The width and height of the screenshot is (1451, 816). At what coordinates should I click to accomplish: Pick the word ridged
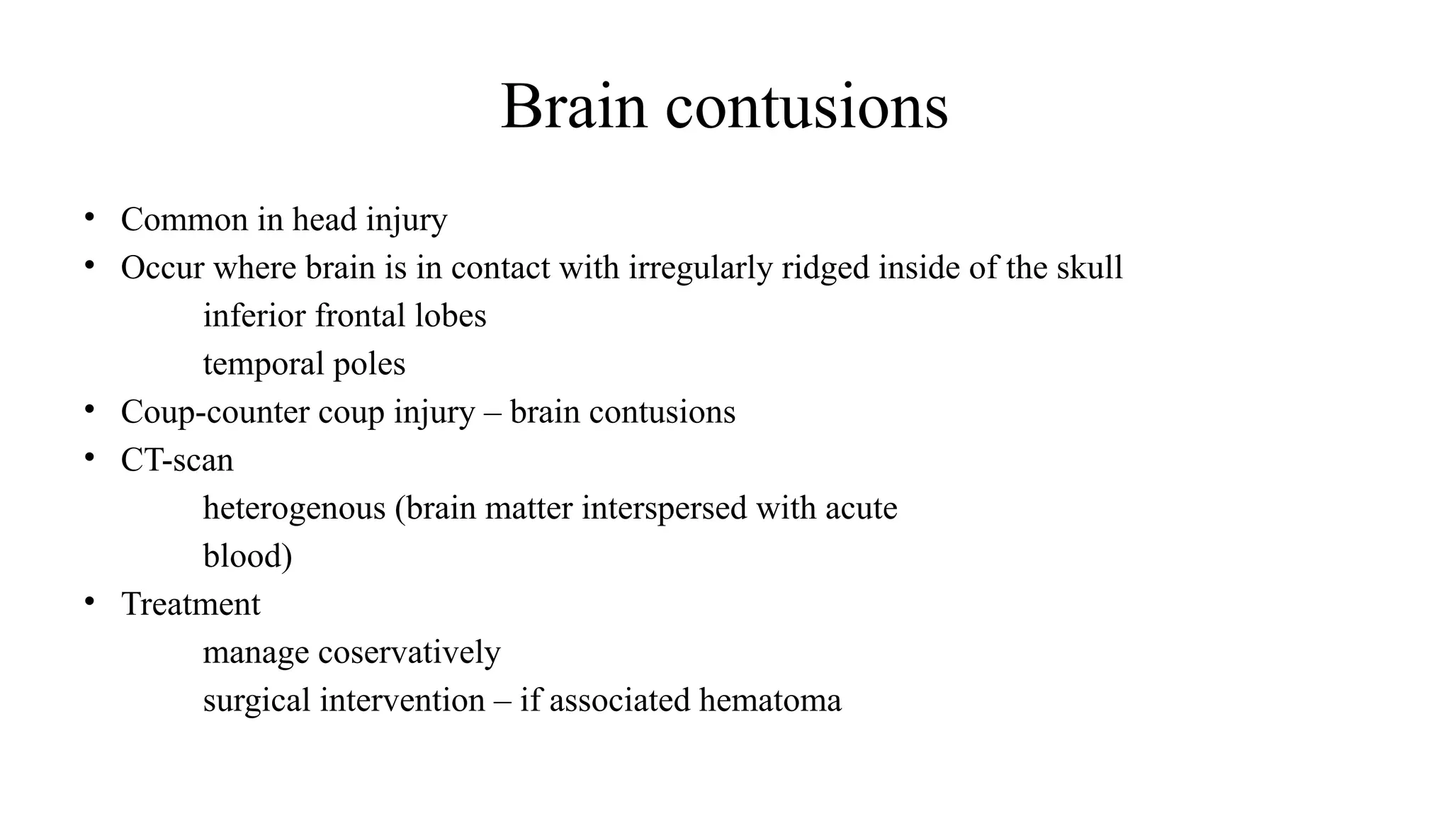(x=825, y=268)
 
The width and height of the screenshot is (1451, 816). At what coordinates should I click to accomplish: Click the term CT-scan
(x=177, y=460)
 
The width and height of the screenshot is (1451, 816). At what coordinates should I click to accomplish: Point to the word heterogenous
(x=294, y=509)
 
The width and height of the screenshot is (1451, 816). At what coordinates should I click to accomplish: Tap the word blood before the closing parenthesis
(x=243, y=556)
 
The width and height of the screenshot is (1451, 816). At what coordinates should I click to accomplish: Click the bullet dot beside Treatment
(x=89, y=602)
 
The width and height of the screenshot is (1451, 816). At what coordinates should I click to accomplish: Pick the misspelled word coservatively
(x=409, y=652)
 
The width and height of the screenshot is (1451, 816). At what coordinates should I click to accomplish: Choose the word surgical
(x=256, y=701)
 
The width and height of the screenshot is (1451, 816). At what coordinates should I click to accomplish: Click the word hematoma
(x=770, y=701)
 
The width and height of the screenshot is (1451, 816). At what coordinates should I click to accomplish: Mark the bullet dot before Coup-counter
(x=89, y=409)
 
